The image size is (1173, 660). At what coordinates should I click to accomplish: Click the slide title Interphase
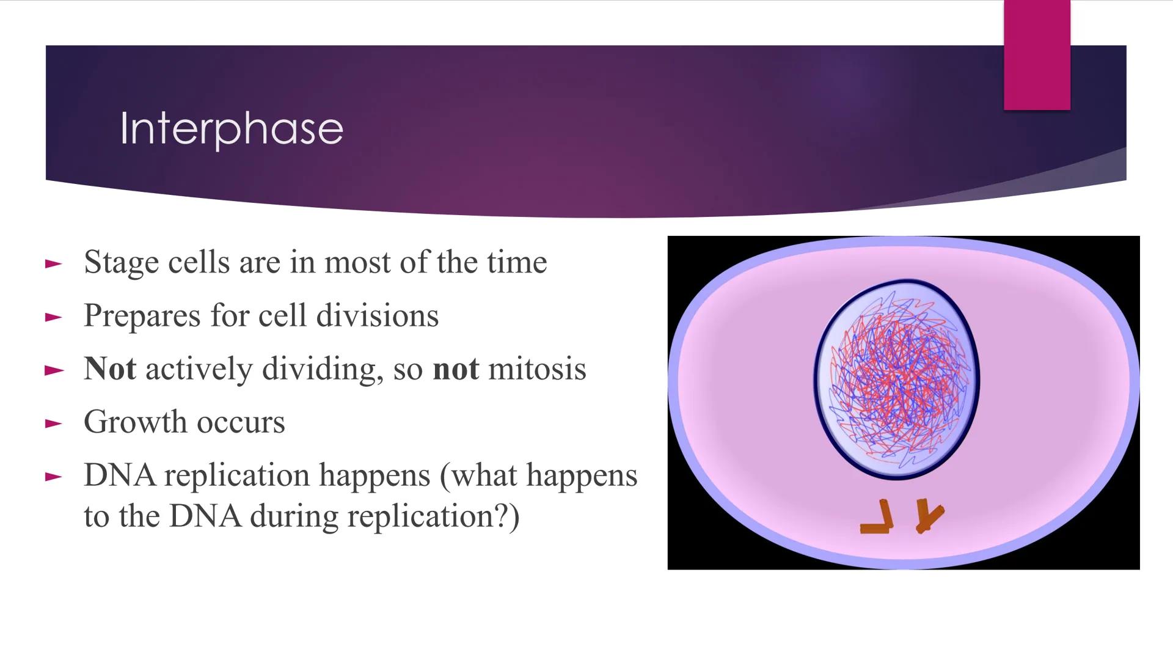[232, 128]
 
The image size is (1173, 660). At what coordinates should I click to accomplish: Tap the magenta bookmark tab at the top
[1037, 55]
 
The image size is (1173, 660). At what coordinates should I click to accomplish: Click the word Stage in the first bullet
[121, 263]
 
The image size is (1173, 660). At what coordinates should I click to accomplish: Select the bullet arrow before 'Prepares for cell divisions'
[54, 317]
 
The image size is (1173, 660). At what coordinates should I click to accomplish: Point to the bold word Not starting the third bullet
[110, 369]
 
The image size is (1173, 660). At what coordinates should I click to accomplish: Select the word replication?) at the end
[433, 516]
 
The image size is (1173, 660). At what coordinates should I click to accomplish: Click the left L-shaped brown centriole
[877, 518]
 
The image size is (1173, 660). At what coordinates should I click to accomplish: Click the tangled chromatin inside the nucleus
[897, 379]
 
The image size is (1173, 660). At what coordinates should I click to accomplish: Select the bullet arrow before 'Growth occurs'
[54, 424]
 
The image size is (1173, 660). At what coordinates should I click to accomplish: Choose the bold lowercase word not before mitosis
[455, 369]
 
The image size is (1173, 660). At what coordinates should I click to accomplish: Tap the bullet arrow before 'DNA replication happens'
[54, 477]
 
